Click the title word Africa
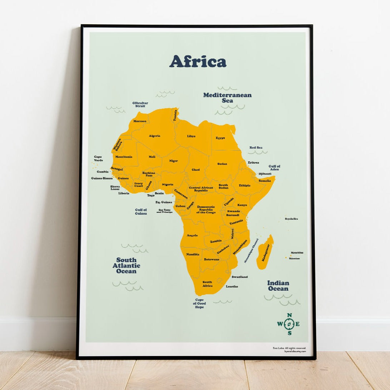click(197, 61)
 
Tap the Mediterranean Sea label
click(227, 97)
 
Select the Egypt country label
click(220, 138)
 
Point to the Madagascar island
click(265, 252)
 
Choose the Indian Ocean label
click(278, 286)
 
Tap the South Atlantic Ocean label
click(126, 265)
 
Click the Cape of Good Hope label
click(199, 304)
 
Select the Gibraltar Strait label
click(140, 104)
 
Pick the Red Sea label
click(256, 147)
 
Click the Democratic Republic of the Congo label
click(206, 209)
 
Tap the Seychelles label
click(291, 219)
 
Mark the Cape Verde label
click(98, 158)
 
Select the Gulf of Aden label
click(274, 167)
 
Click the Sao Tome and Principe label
click(165, 211)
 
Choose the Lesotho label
click(232, 286)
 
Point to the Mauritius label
click(297, 252)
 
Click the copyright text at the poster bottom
click(289, 349)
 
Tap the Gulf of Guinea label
click(141, 211)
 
